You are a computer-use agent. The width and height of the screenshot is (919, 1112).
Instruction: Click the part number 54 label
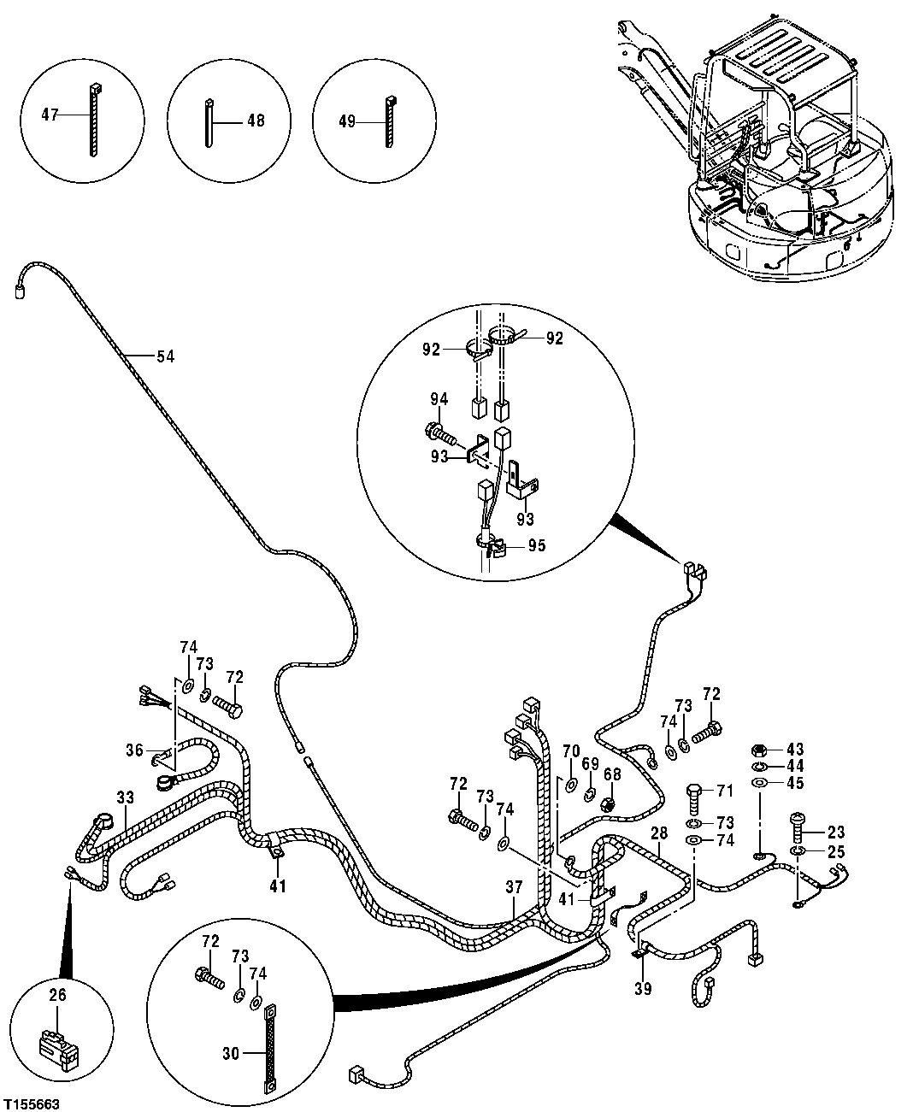(165, 356)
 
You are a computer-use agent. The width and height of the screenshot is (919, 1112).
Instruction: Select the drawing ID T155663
(31, 1104)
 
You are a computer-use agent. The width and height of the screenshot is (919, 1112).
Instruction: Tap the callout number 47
(51, 114)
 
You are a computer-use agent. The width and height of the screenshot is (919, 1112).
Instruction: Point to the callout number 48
(255, 121)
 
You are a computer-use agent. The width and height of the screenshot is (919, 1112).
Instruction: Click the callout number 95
(537, 545)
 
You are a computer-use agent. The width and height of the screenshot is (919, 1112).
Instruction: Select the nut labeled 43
(757, 750)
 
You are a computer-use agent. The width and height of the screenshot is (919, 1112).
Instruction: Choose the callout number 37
(513, 888)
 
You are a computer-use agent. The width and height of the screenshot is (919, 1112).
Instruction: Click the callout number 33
(125, 797)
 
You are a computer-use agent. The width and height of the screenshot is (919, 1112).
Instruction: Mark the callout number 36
(134, 750)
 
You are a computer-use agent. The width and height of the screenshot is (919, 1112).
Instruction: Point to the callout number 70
(571, 752)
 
